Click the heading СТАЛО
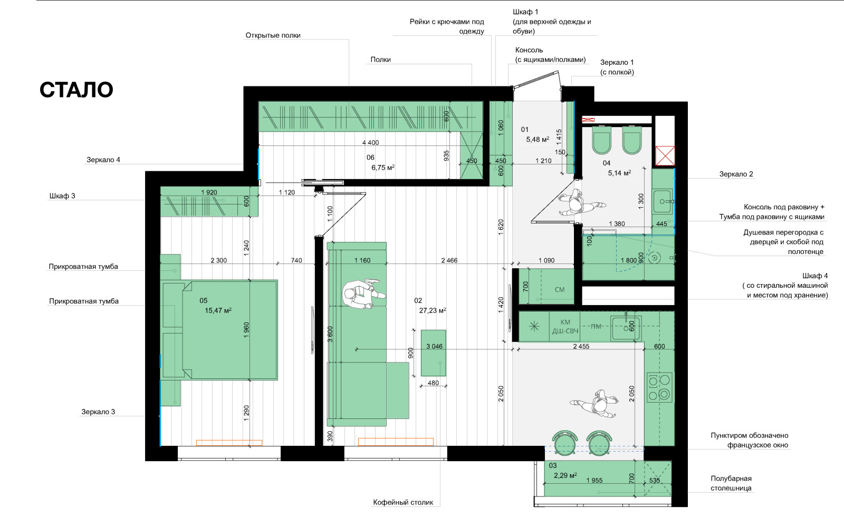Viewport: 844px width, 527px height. pos(76,90)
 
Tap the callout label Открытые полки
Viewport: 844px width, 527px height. pos(273,35)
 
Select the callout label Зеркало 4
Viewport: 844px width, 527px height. pos(103,160)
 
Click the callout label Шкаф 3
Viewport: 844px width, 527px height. pos(62,196)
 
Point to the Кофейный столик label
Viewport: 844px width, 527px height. pos(403,502)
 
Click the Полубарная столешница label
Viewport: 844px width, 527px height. pos(731,483)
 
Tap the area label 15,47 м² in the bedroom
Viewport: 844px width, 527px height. pos(218,310)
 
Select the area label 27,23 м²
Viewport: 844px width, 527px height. pos(433,310)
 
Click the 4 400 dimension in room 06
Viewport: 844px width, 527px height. pos(370,143)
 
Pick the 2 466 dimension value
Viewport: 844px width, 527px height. pos(449,260)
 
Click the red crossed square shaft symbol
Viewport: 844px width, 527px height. pos(665,156)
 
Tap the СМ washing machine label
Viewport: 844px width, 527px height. pos(560,289)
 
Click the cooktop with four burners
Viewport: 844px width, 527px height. pos(660,387)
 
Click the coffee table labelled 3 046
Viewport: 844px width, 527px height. pos(433,353)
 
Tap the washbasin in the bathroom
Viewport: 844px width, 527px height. pos(663,201)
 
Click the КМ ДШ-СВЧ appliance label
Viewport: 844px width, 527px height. pos(565,327)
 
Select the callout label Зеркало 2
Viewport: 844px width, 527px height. pos(736,174)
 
